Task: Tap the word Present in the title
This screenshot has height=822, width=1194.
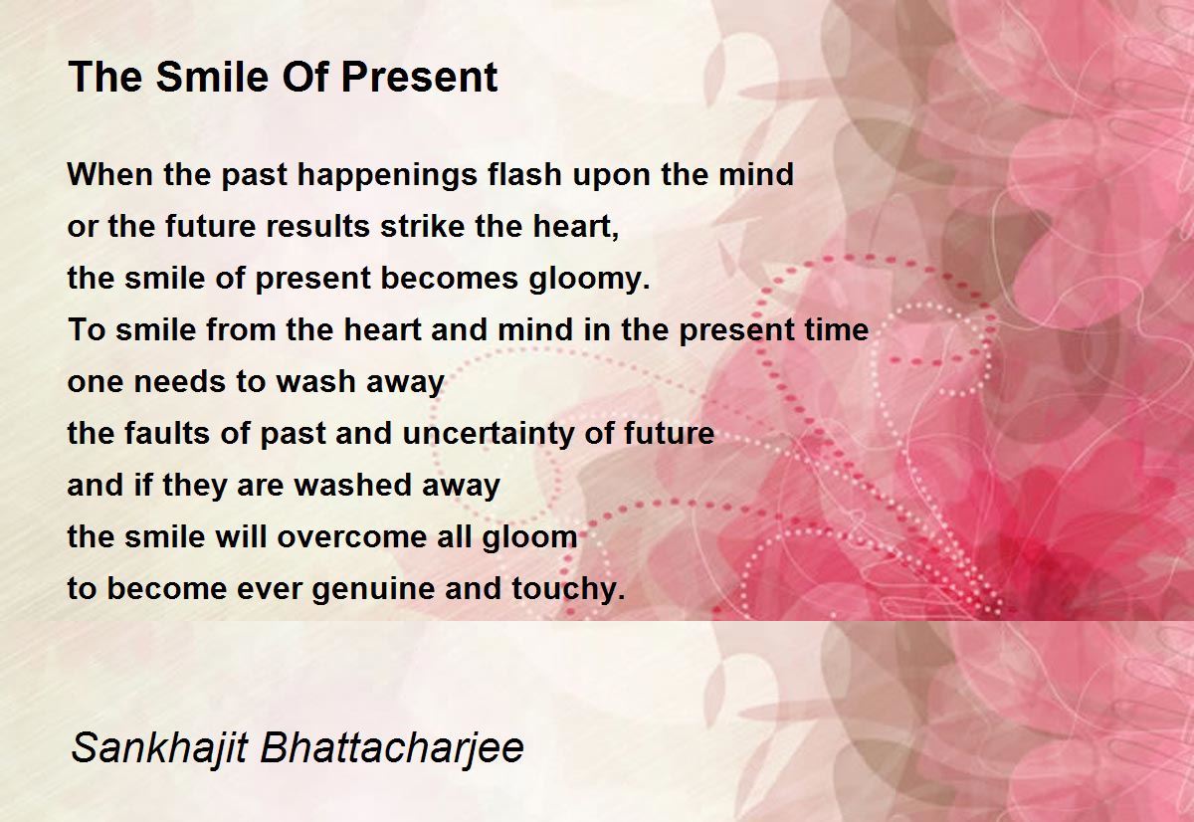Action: [419, 77]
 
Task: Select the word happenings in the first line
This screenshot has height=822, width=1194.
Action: [387, 176]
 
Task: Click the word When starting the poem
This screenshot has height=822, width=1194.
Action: [110, 174]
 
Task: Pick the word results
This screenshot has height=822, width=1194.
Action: [318, 226]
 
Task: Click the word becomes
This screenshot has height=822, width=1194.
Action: [450, 279]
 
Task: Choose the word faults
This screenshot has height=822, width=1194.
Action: [166, 433]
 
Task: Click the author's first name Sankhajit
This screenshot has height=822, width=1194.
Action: [159, 749]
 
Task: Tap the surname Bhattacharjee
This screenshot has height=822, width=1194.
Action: [392, 749]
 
